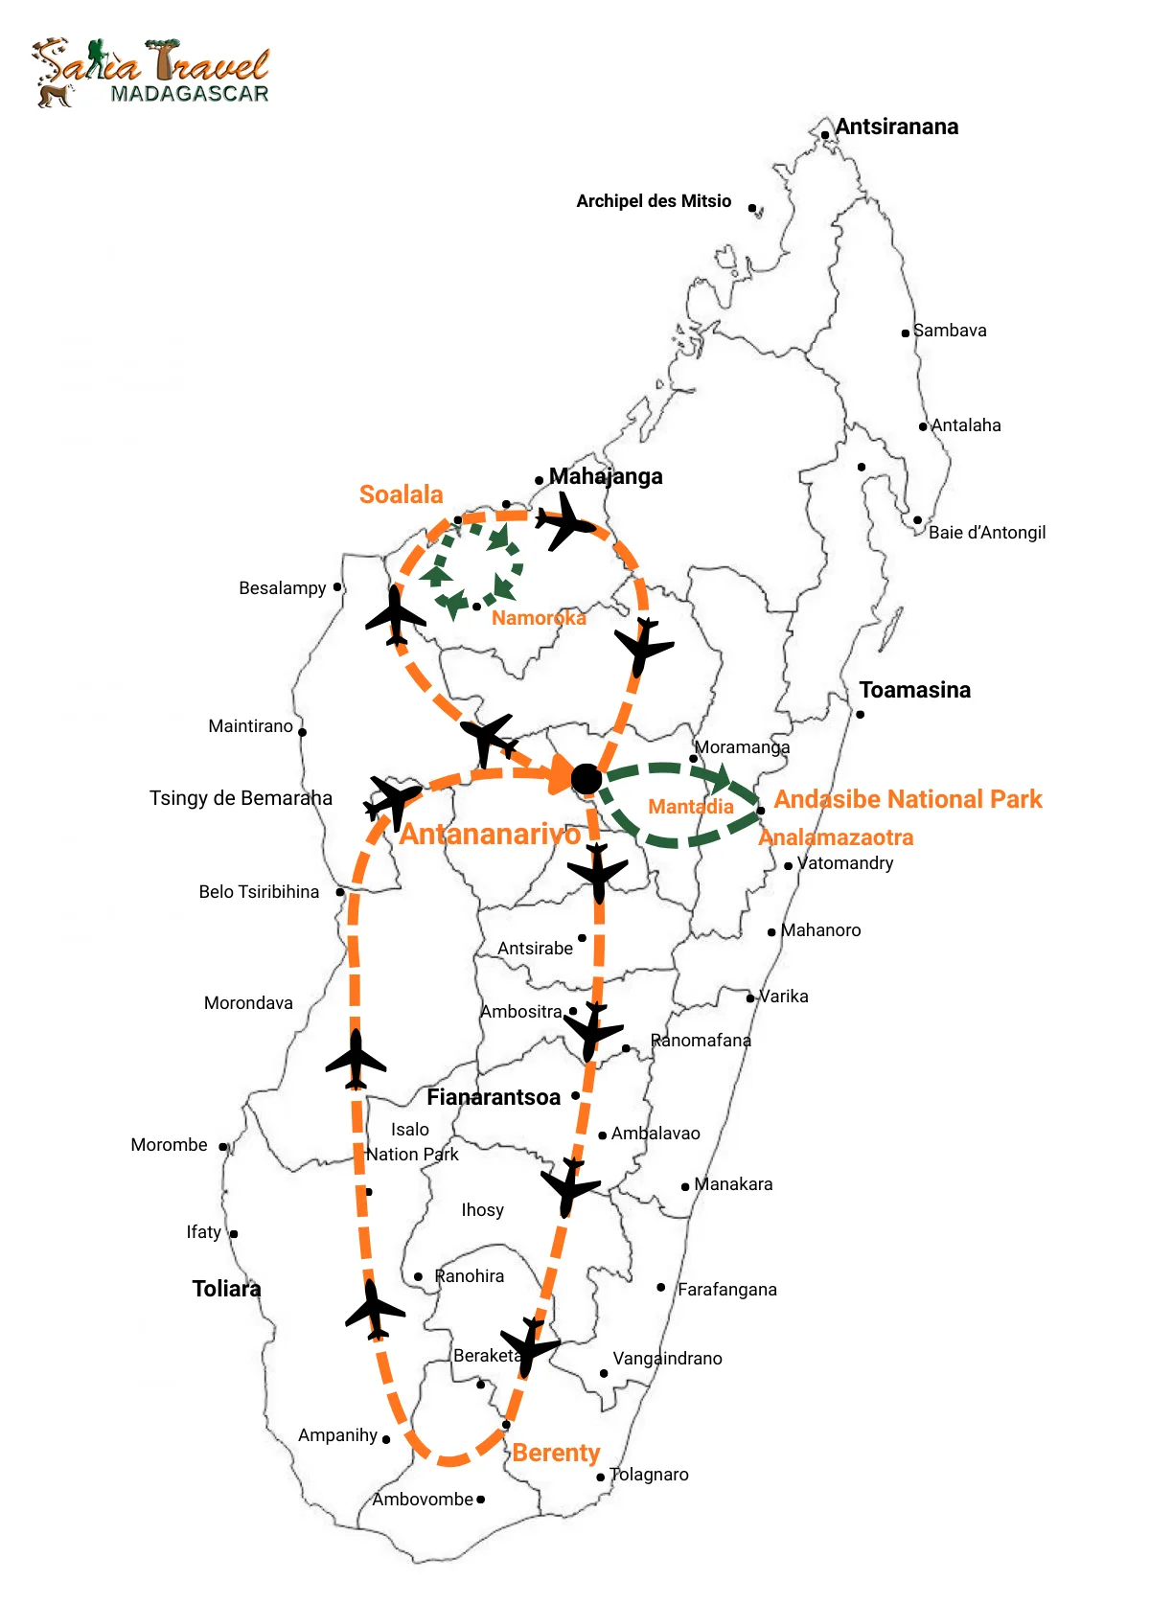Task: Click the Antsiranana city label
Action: click(x=896, y=126)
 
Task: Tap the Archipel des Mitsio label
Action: click(x=654, y=201)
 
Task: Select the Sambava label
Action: click(x=949, y=331)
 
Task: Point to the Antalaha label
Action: click(x=966, y=425)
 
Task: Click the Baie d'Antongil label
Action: click(x=986, y=533)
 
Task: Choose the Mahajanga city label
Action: click(x=606, y=476)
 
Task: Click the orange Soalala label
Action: click(x=401, y=494)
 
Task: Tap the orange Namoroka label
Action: click(x=539, y=618)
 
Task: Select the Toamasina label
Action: click(x=914, y=690)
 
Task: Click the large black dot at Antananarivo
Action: click(x=586, y=779)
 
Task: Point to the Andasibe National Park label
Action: click(x=908, y=799)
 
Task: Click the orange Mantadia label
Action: click(x=691, y=807)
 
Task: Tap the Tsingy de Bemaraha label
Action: click(x=241, y=798)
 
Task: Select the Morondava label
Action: click(x=248, y=1003)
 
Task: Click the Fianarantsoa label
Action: click(x=494, y=1097)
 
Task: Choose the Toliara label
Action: click(x=226, y=1289)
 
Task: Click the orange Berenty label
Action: click(x=556, y=1453)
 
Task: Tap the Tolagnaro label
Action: click(x=649, y=1475)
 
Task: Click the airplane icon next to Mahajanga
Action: click(x=565, y=522)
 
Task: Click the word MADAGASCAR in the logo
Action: click(x=189, y=94)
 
